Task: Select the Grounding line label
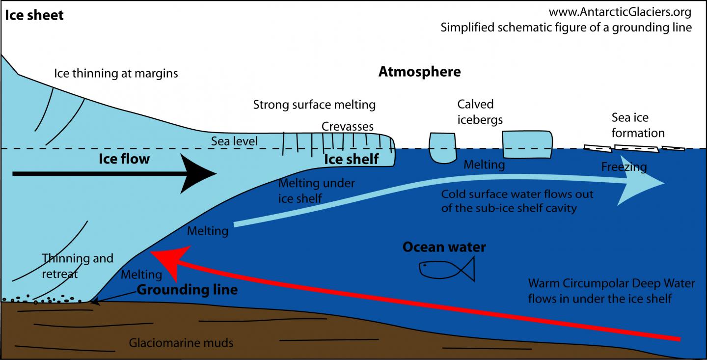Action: (x=187, y=290)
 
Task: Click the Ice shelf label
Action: (x=351, y=159)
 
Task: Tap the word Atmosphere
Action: (x=419, y=72)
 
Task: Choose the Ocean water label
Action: (x=444, y=247)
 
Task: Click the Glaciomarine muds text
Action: (x=181, y=343)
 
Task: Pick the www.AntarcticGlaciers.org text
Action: (x=620, y=12)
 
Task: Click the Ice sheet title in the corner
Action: (x=34, y=15)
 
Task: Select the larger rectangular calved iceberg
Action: (x=527, y=144)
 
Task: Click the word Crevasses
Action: (x=348, y=127)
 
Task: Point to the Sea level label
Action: (x=234, y=142)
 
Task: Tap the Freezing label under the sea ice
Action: (x=624, y=167)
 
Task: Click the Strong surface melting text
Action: (x=314, y=104)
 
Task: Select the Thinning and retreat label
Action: (x=78, y=266)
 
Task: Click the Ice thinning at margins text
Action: (x=116, y=74)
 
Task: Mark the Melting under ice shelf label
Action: (x=316, y=191)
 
